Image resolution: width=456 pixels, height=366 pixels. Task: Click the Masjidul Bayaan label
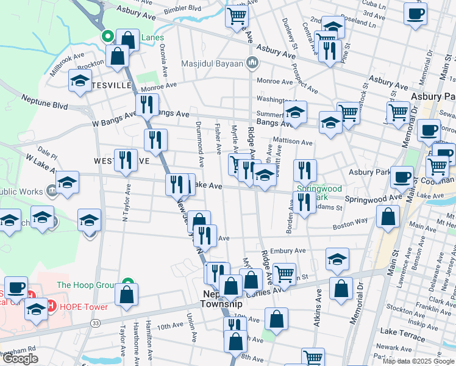pyautogui.click(x=212, y=63)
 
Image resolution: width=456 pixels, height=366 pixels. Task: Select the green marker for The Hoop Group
pyautogui.click(x=127, y=284)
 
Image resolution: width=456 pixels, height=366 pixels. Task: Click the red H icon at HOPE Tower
pyautogui.click(x=53, y=306)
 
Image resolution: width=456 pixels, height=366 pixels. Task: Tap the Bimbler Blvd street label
pyautogui.click(x=183, y=9)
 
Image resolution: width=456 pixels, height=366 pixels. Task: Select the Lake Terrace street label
pyautogui.click(x=401, y=331)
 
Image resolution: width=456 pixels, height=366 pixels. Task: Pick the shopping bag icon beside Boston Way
pyautogui.click(x=388, y=216)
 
